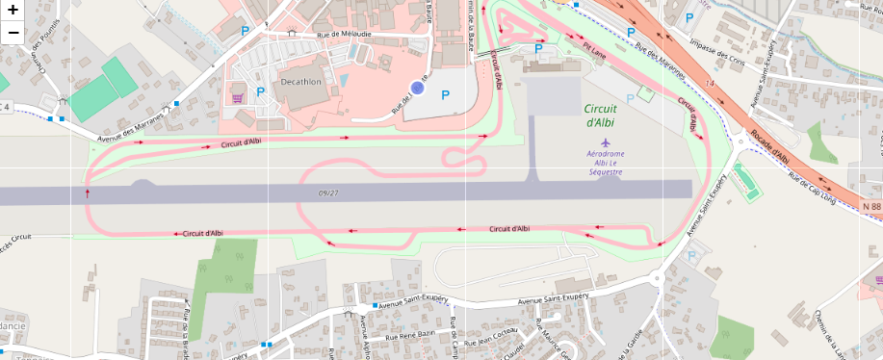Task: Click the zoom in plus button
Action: click(13, 12)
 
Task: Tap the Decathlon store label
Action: click(300, 82)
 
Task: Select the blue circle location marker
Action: click(417, 88)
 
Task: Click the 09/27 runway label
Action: click(328, 193)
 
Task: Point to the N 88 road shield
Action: click(871, 207)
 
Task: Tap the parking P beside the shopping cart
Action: click(260, 93)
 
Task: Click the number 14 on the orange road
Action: click(711, 87)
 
